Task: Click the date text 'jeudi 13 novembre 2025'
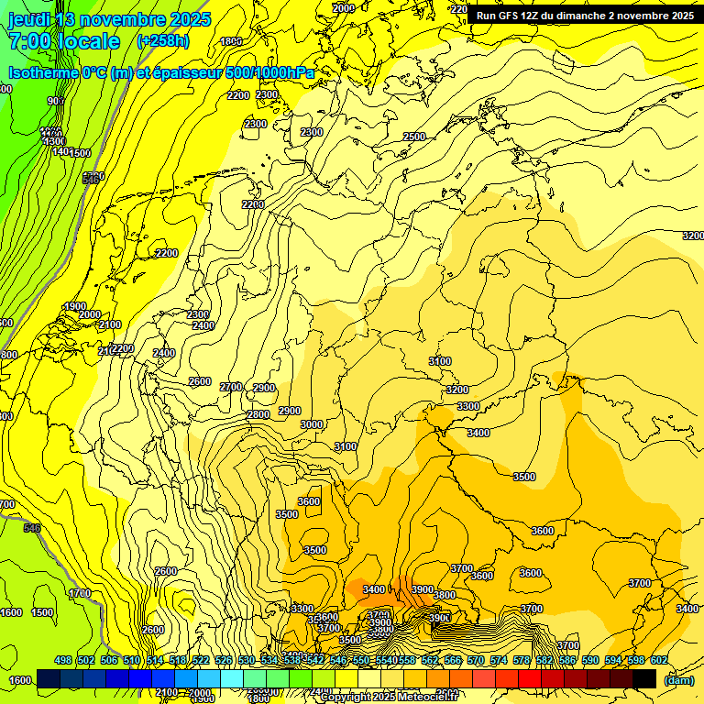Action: pos(109,19)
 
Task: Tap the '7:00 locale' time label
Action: pos(63,41)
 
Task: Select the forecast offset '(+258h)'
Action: pos(163,41)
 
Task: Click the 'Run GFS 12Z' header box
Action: pos(585,16)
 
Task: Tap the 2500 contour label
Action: pos(414,137)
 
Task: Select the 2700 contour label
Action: pos(231,387)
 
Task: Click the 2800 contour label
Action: pos(258,415)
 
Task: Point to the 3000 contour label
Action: pos(312,424)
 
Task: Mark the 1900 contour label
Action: pos(75,306)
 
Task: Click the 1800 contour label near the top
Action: pos(231,41)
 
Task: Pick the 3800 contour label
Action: pos(445,595)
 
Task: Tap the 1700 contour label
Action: pos(80,593)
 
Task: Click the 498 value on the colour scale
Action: pos(63,660)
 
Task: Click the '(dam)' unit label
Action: pos(679,679)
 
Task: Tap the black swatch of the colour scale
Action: pos(644,678)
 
